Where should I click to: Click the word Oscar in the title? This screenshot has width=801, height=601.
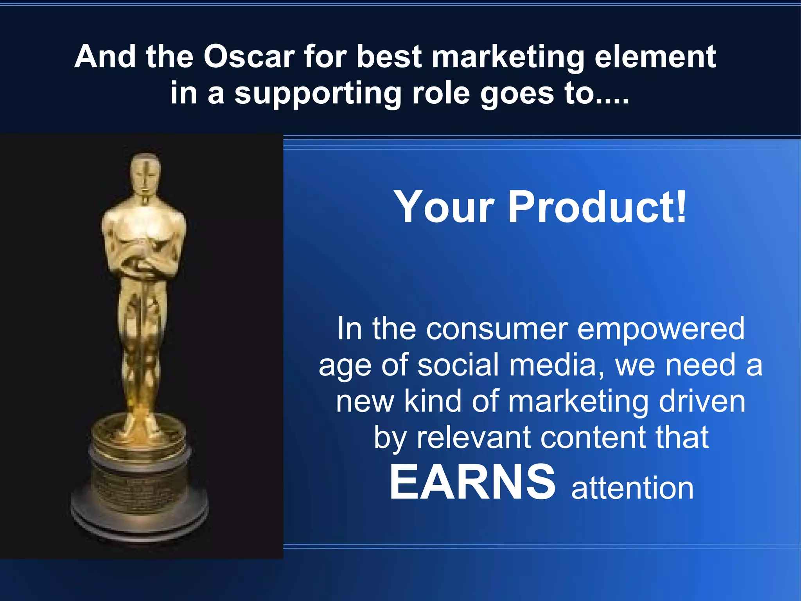(249, 57)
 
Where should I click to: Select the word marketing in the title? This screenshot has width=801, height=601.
(508, 58)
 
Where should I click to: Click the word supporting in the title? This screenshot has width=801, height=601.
(318, 94)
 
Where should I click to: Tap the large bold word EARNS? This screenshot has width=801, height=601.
(472, 482)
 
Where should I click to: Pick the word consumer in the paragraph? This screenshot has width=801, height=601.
(497, 328)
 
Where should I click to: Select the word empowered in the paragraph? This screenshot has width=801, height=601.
(661, 329)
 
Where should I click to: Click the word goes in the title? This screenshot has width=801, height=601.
(517, 94)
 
